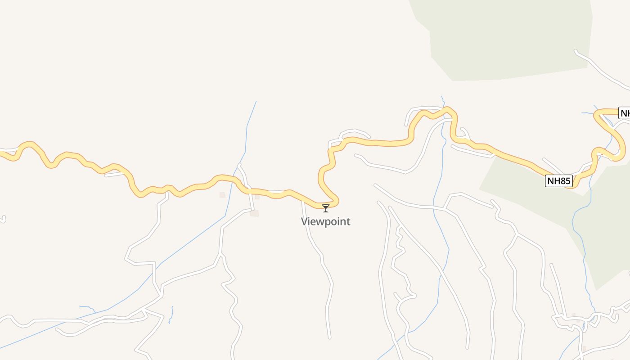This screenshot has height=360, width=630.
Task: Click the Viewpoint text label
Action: click(x=325, y=221)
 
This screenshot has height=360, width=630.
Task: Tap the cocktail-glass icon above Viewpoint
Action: click(x=326, y=208)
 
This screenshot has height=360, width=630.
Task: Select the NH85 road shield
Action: click(x=559, y=181)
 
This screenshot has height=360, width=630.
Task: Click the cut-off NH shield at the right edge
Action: click(x=625, y=113)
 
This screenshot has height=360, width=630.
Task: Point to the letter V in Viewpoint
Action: click(x=304, y=221)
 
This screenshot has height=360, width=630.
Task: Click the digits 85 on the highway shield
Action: click(x=564, y=181)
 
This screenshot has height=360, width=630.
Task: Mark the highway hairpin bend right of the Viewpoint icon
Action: click(x=336, y=201)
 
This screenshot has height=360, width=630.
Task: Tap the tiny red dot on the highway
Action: click(x=602, y=154)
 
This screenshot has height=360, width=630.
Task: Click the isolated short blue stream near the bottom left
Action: click(x=171, y=315)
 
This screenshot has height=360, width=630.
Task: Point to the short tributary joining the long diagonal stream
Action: click(x=88, y=308)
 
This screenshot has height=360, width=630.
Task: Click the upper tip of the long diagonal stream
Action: click(x=256, y=102)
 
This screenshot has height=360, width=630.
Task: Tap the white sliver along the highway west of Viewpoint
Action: click(x=275, y=192)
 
